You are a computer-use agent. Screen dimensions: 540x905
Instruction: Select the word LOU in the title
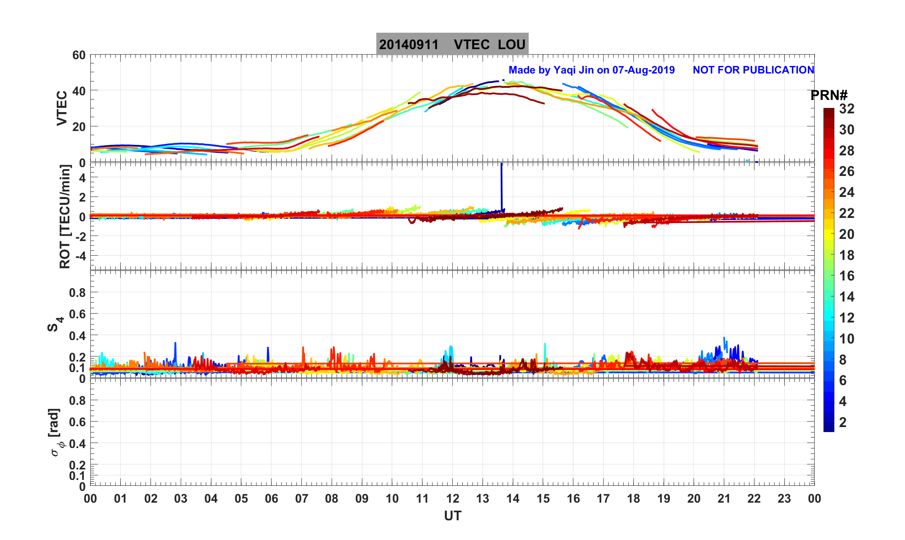[x=512, y=45]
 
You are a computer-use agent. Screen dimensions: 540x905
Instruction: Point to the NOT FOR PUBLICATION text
[x=753, y=70]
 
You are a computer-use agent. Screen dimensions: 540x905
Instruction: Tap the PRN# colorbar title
[x=829, y=96]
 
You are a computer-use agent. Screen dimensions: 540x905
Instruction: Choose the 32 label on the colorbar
[x=847, y=109]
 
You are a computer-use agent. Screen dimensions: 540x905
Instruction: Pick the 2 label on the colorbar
[x=843, y=422]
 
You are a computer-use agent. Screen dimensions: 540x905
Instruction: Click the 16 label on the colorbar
[x=847, y=276]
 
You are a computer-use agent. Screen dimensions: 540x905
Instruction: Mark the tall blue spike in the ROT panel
[x=501, y=185]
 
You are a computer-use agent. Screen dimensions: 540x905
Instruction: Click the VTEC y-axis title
[x=62, y=108]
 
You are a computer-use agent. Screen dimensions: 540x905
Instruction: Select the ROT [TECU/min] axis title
[x=65, y=217]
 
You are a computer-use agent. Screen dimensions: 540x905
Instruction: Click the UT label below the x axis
[x=453, y=516]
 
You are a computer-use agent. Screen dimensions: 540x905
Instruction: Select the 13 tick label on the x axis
[x=483, y=499]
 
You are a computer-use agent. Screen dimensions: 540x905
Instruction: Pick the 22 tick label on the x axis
[x=754, y=499]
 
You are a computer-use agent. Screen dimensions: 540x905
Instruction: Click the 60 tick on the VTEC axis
[x=79, y=55]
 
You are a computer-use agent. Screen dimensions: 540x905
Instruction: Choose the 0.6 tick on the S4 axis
[x=77, y=314]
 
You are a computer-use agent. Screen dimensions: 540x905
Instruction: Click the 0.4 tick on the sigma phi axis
[x=77, y=443]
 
